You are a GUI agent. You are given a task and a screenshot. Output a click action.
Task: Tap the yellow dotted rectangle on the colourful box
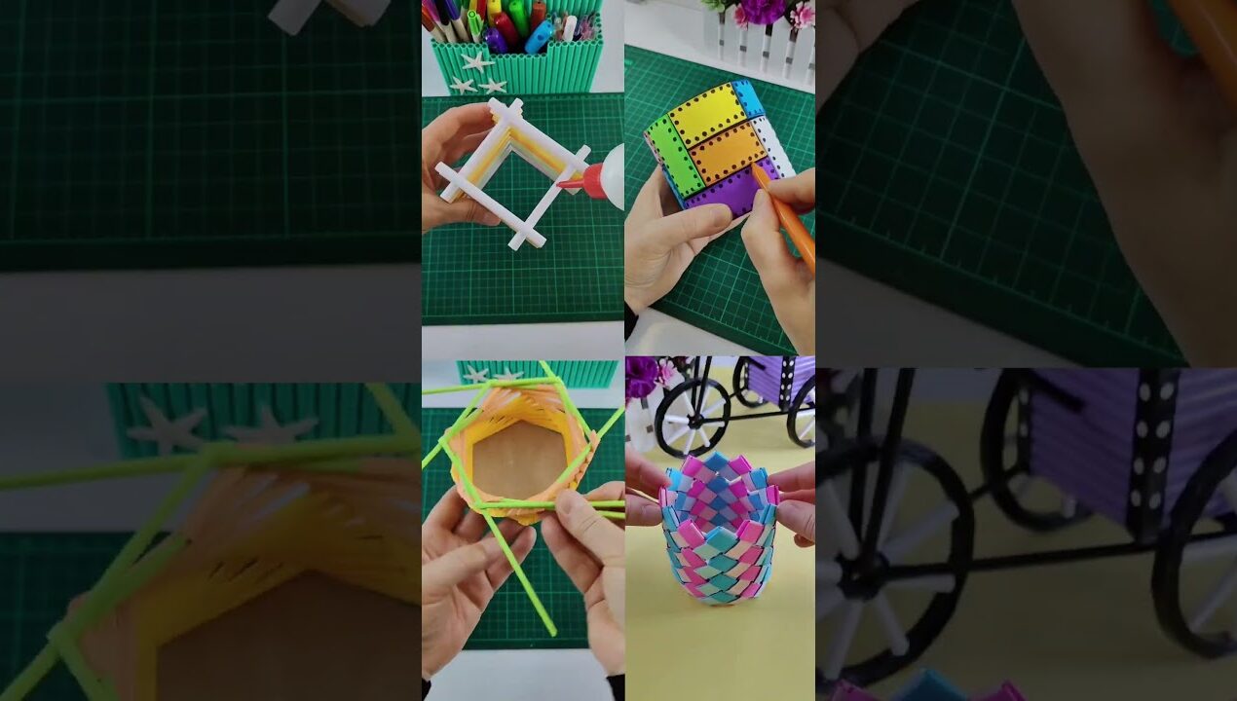coord(708,115)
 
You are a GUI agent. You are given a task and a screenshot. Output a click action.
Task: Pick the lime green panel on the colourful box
coord(676,156)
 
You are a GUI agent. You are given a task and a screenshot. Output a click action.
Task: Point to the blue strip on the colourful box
coord(749,97)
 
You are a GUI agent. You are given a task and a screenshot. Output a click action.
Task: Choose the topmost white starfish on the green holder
coord(477,61)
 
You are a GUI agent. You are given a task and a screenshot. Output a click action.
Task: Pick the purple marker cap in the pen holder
coord(495,41)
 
